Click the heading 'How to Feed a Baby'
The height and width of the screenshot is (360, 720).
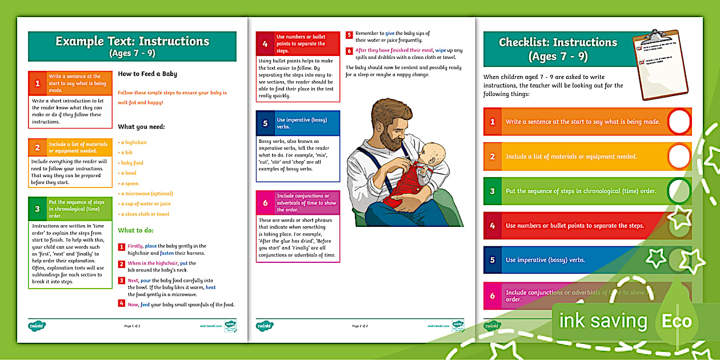click(x=147, y=74)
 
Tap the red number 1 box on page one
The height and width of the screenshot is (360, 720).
click(x=37, y=83)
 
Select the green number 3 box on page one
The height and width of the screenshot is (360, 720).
click(x=37, y=209)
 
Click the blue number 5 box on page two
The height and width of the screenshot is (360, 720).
click(x=265, y=123)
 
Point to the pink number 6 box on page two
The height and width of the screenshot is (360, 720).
click(x=265, y=203)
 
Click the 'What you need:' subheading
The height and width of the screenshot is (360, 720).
click(x=141, y=126)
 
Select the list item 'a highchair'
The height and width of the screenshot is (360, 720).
click(x=134, y=142)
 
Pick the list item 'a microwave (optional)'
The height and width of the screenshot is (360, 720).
click(x=146, y=194)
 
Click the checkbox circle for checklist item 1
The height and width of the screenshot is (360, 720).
click(x=678, y=121)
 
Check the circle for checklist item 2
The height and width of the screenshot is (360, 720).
click(x=678, y=156)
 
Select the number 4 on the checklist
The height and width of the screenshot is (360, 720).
click(x=493, y=226)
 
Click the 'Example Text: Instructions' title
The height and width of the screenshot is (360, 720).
click(x=132, y=41)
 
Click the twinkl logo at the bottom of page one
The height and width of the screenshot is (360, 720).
click(x=37, y=326)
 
